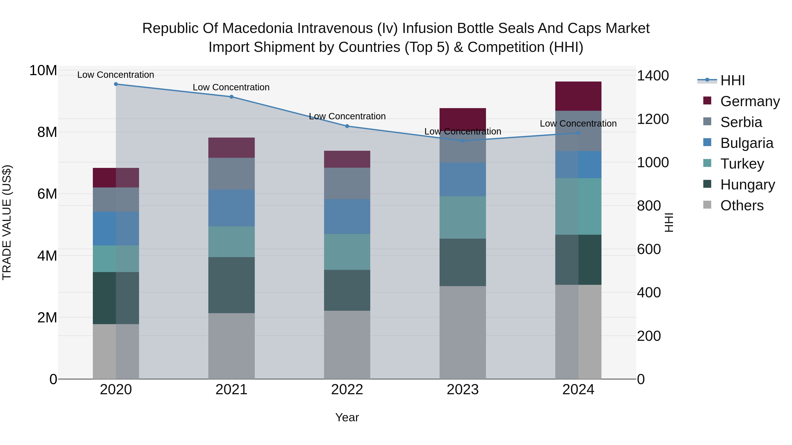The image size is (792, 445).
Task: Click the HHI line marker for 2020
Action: tap(116, 84)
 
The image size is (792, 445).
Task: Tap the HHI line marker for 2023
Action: tap(463, 141)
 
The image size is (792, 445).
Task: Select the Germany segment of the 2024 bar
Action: tap(578, 96)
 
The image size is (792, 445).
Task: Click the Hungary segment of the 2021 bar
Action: tap(231, 285)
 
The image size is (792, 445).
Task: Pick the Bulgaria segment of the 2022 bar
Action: tap(347, 216)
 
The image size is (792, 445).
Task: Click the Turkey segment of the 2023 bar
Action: tap(463, 217)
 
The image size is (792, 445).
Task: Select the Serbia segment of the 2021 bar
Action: tap(231, 174)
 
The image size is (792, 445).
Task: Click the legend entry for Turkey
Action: tap(742, 164)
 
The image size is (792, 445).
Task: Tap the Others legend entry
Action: tap(742, 205)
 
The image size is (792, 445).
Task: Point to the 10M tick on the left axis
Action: tap(43, 71)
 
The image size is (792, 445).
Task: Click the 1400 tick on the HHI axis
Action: tap(653, 76)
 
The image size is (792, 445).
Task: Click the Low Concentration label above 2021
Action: tap(231, 87)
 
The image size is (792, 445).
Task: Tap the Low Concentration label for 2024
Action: tap(578, 124)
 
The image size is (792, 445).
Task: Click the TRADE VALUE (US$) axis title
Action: tap(7, 222)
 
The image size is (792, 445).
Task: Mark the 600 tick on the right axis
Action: tap(649, 249)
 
